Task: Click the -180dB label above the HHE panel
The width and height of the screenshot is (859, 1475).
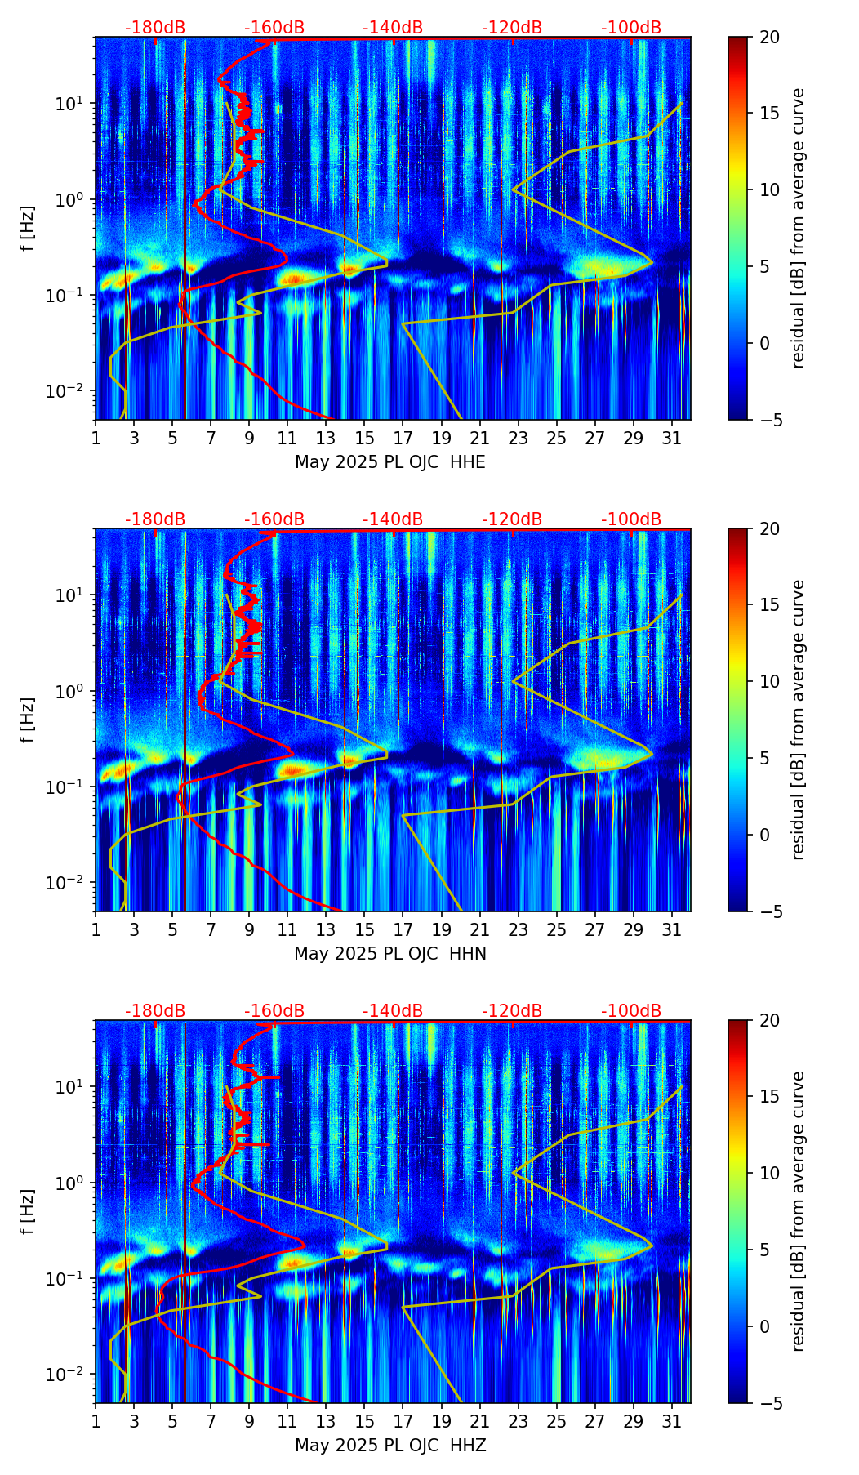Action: pyautogui.click(x=155, y=28)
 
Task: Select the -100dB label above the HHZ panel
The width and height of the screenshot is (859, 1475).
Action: pyautogui.click(x=631, y=1011)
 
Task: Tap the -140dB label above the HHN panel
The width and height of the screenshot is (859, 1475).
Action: pyautogui.click(x=393, y=519)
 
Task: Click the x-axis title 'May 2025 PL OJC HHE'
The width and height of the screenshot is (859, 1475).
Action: pyautogui.click(x=390, y=462)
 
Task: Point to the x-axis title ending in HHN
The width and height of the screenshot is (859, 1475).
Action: pyautogui.click(x=390, y=954)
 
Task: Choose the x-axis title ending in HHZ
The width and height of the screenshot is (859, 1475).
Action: pyautogui.click(x=390, y=1446)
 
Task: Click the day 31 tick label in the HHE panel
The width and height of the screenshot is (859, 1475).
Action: pyautogui.click(x=671, y=439)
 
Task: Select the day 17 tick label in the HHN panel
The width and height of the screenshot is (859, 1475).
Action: pyautogui.click(x=403, y=930)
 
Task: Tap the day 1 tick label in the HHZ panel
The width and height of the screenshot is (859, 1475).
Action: pyautogui.click(x=96, y=1422)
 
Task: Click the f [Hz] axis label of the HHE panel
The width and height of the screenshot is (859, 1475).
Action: pyautogui.click(x=28, y=229)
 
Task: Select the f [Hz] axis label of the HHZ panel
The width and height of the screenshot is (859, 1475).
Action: pyautogui.click(x=28, y=1212)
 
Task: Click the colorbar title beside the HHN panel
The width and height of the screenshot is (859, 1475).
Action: pyautogui.click(x=798, y=720)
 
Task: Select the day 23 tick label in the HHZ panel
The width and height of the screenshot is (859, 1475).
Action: pyautogui.click(x=518, y=1422)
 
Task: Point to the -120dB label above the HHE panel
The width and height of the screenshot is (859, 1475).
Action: pyautogui.click(x=512, y=28)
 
